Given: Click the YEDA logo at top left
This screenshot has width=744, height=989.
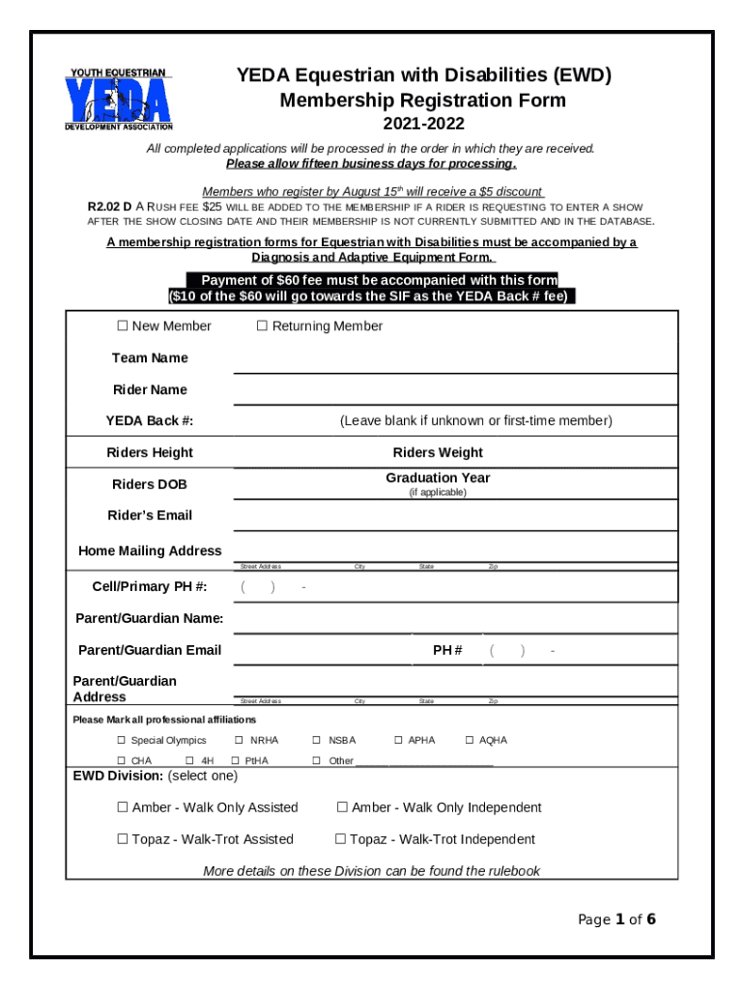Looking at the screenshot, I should coord(119,99).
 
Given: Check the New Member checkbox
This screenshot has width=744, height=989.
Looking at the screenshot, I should coord(123,326).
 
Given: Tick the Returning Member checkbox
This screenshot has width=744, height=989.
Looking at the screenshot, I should coord(262,326).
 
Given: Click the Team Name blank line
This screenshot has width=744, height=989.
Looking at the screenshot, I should coord(454,366).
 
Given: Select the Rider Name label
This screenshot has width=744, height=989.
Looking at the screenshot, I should coord(150,390).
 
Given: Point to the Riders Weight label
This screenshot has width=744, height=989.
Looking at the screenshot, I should coord(438,453).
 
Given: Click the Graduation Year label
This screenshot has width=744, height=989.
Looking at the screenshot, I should coord(438,478).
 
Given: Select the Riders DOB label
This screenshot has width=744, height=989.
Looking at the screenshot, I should coord(150,485).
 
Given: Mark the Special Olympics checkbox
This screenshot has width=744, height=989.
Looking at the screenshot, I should coord(122,741).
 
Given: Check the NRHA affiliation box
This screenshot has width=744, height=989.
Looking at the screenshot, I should coord(239,741).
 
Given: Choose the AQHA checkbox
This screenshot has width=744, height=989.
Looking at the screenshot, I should coord(470,741).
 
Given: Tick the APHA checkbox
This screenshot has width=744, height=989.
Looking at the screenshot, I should coord(398,741).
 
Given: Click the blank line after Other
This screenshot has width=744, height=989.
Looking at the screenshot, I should coord(424,762).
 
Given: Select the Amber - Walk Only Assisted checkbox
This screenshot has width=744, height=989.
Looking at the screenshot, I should coord(123,807).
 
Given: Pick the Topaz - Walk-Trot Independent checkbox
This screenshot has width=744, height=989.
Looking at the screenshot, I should coord(340,839).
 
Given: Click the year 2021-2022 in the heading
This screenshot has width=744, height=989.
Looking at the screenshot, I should coord(423,125).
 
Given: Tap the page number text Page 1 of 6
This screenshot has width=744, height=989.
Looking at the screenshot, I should coord(616,919).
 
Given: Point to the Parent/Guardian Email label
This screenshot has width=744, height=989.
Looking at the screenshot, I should coord(150,651).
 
